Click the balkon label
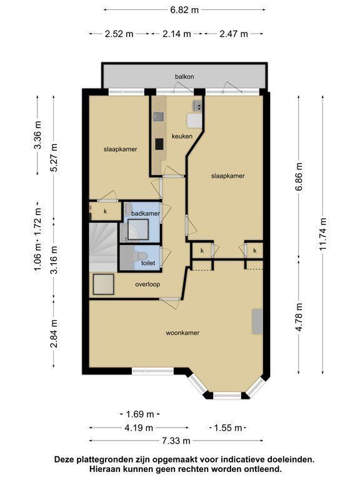point(184,76)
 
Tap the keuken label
point(182,136)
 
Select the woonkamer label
point(182,332)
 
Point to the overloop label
point(147,284)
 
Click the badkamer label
point(146,213)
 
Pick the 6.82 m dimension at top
point(184,10)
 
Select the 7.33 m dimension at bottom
point(176,441)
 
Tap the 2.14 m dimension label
point(177,34)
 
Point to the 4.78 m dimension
point(299,317)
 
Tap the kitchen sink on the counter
point(158,117)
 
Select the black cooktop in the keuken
point(159,144)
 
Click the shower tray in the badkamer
point(138,229)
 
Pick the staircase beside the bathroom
point(103,247)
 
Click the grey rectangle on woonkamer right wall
point(257,321)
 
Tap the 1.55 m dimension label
point(227,427)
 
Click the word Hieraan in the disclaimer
point(105,469)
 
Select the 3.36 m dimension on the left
point(37,135)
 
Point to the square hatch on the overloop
point(104,284)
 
